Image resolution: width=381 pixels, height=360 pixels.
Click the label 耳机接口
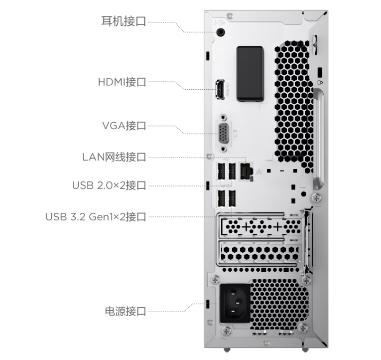124,21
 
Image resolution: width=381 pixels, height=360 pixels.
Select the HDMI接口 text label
122,82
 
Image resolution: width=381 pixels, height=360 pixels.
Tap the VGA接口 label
124,125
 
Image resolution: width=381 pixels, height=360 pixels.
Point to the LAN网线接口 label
114,157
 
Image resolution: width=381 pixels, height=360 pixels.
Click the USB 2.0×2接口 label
109,185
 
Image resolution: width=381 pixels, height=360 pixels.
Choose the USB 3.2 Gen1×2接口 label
96,217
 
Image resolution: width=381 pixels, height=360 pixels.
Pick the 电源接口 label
126,312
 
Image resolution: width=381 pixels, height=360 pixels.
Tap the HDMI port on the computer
219,90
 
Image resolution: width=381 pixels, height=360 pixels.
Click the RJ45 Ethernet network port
246,171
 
